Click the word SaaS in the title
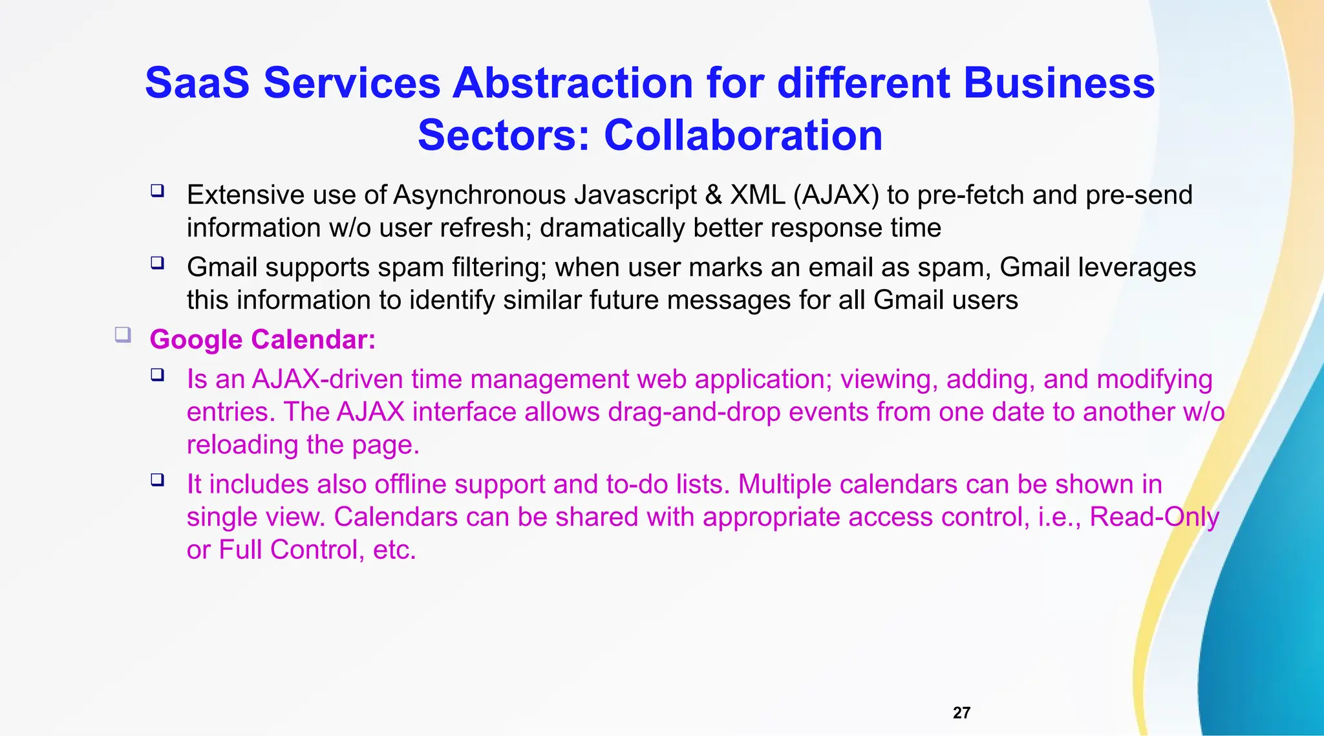197,83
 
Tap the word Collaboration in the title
743,136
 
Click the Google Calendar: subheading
262,340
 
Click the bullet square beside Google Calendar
123,335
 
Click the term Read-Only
1154,517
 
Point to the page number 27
961,713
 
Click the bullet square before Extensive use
157,191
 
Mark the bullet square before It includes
157,480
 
